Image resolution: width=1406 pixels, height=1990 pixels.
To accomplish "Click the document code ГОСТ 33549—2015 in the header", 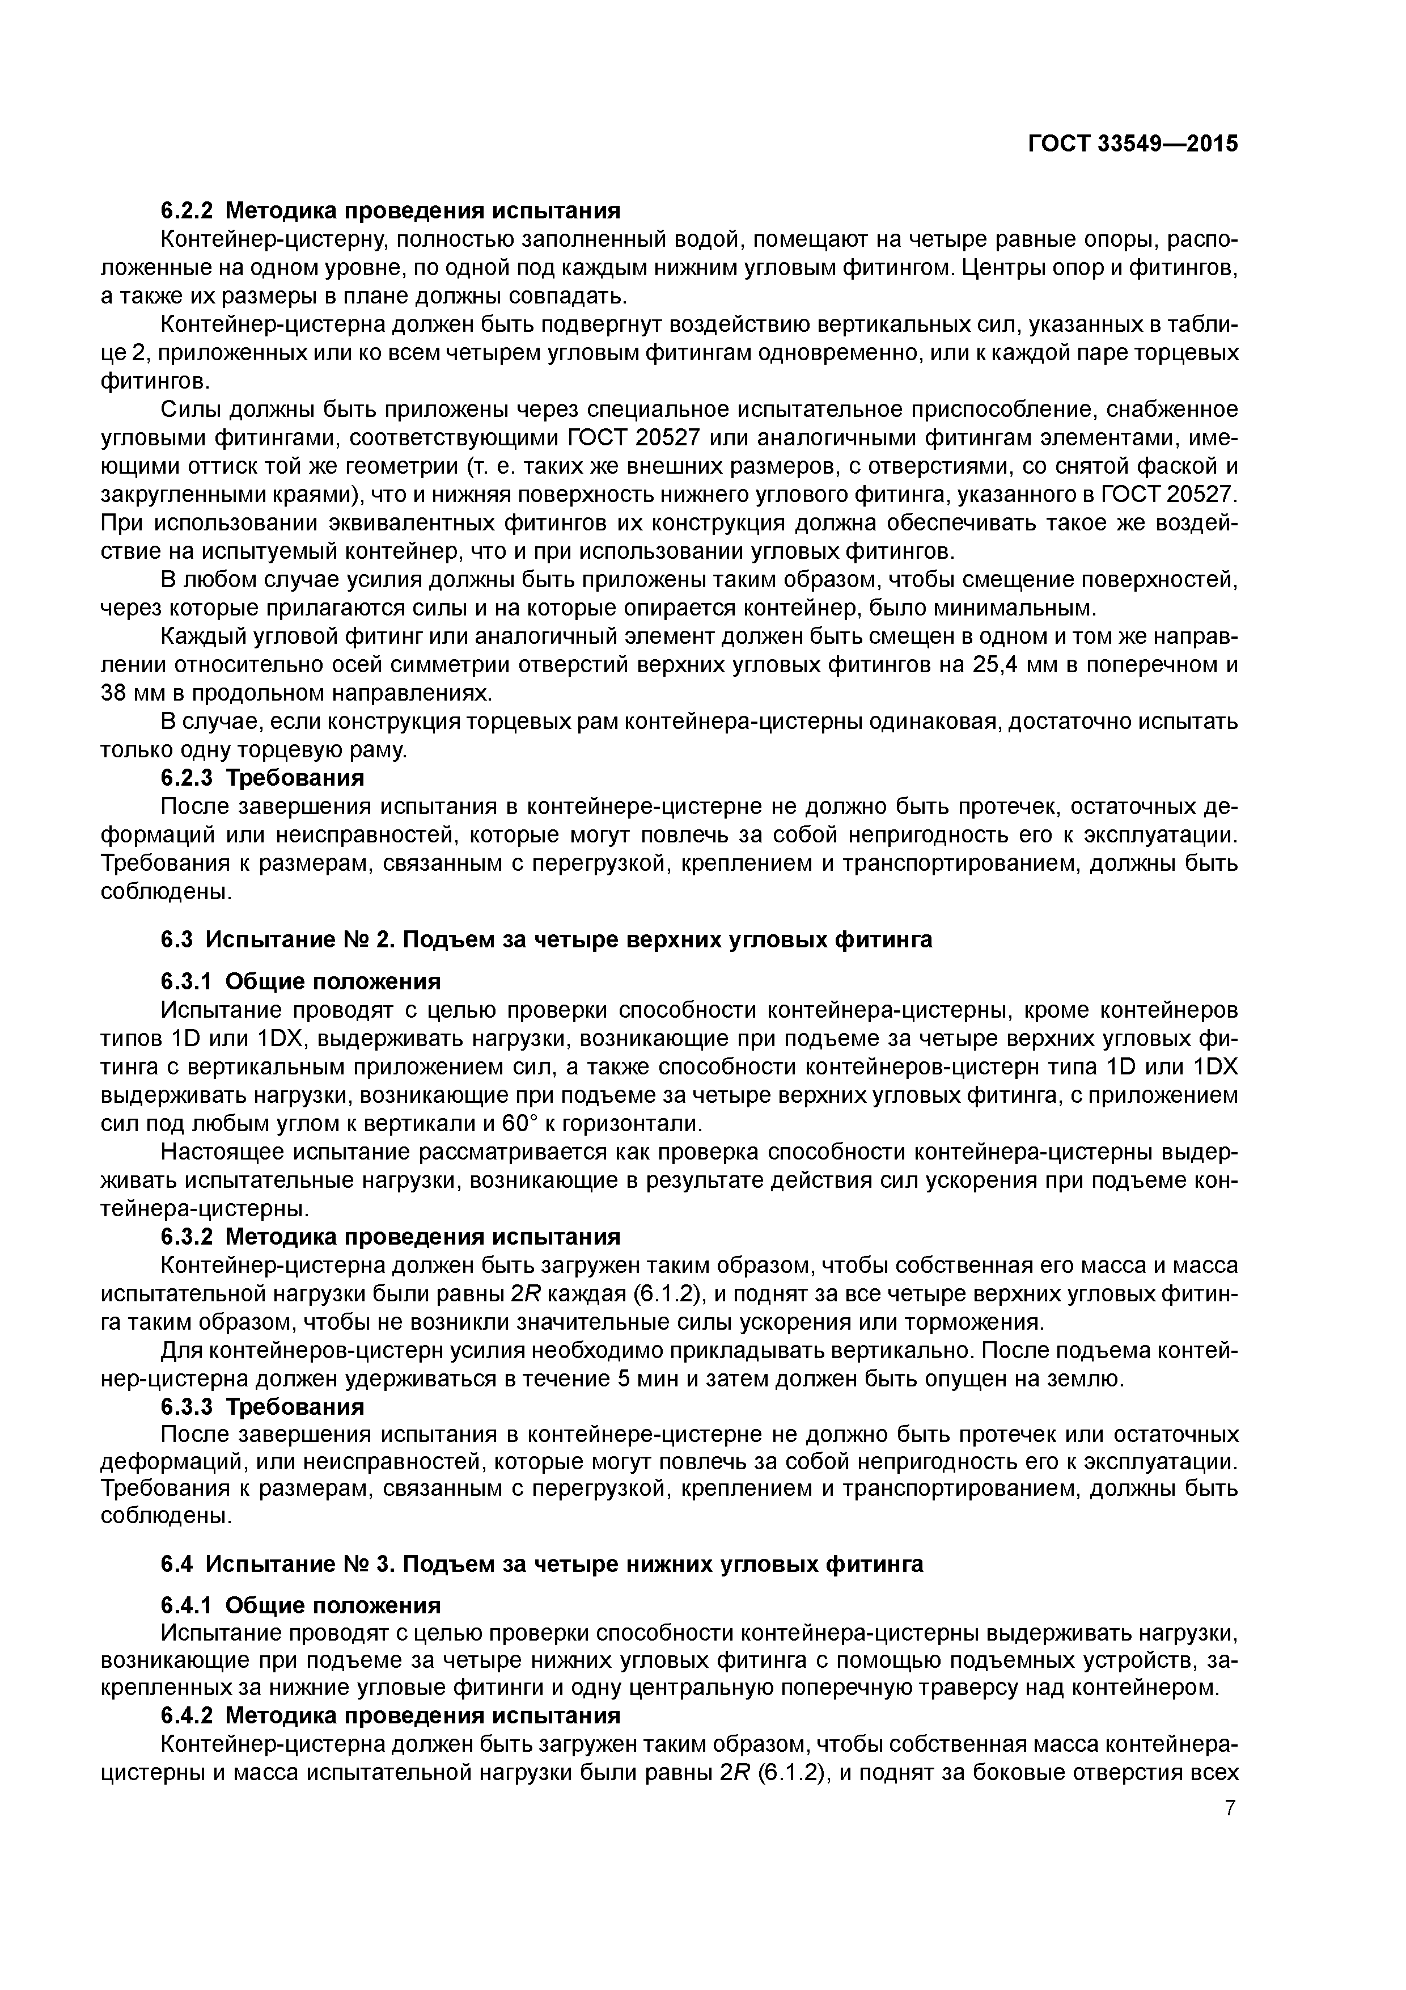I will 1133,144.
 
